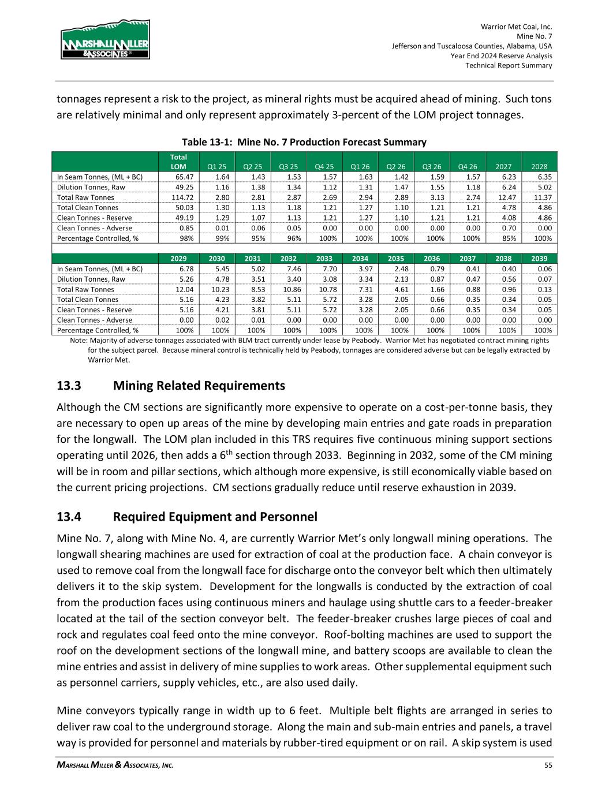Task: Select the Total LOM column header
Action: (178, 162)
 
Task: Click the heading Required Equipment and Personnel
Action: (215, 516)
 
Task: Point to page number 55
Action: (548, 765)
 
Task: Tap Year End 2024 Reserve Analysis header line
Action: (501, 56)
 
